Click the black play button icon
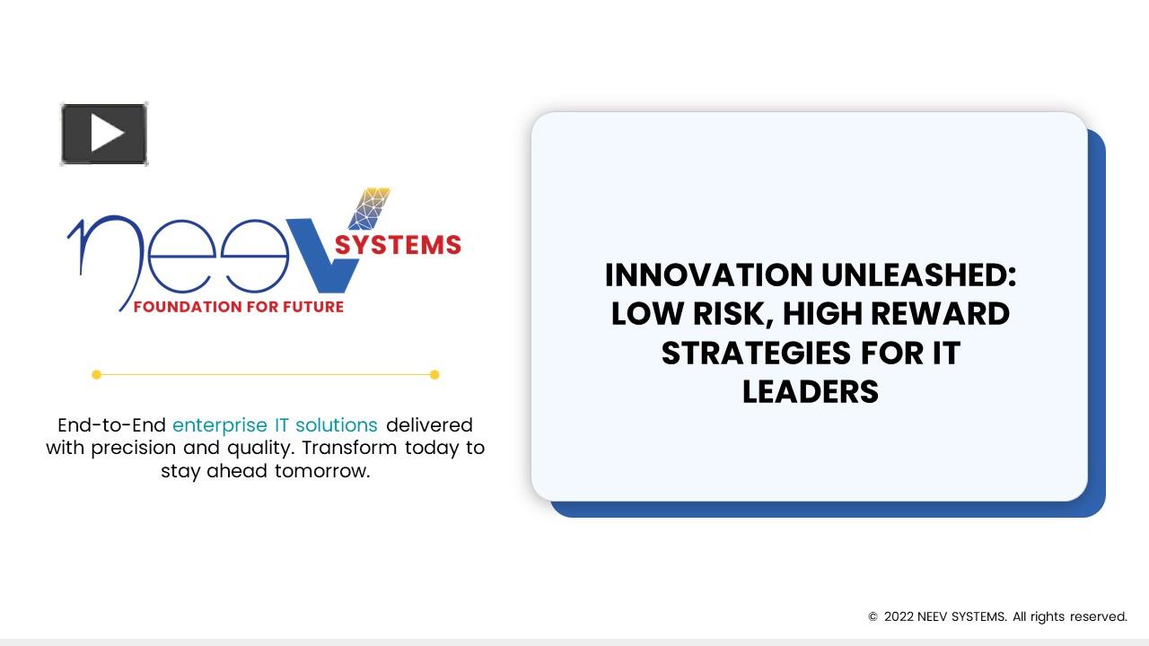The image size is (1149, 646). tap(104, 135)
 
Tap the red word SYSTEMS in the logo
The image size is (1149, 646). tap(398, 245)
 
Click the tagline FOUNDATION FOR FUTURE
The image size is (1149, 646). tap(239, 307)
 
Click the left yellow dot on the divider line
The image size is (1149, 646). tap(97, 375)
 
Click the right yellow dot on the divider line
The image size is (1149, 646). tap(434, 375)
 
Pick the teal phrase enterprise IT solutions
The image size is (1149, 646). tap(275, 424)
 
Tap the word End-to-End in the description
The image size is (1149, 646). tap(111, 424)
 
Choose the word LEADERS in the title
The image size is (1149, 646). tap(810, 392)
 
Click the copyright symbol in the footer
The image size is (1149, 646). tap(873, 617)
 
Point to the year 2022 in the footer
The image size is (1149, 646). tap(899, 617)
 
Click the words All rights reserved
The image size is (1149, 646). tap(1070, 617)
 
